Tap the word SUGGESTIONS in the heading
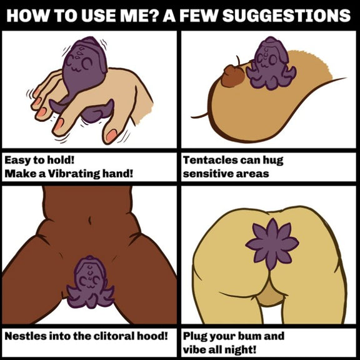click(x=286, y=16)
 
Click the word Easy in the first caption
click(x=17, y=160)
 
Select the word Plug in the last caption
click(x=195, y=337)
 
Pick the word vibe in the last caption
click(x=194, y=350)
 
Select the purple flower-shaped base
click(x=272, y=244)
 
